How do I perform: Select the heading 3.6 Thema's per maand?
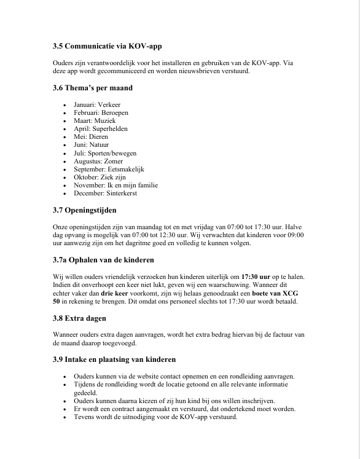click(x=93, y=88)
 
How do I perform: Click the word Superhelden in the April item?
click(x=109, y=129)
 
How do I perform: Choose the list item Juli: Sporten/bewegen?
click(x=105, y=153)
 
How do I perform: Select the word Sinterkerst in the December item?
click(x=122, y=193)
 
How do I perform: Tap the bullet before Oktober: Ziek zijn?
click(x=65, y=177)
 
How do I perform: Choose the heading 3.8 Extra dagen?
click(x=80, y=318)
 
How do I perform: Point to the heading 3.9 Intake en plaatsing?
click(x=114, y=359)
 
